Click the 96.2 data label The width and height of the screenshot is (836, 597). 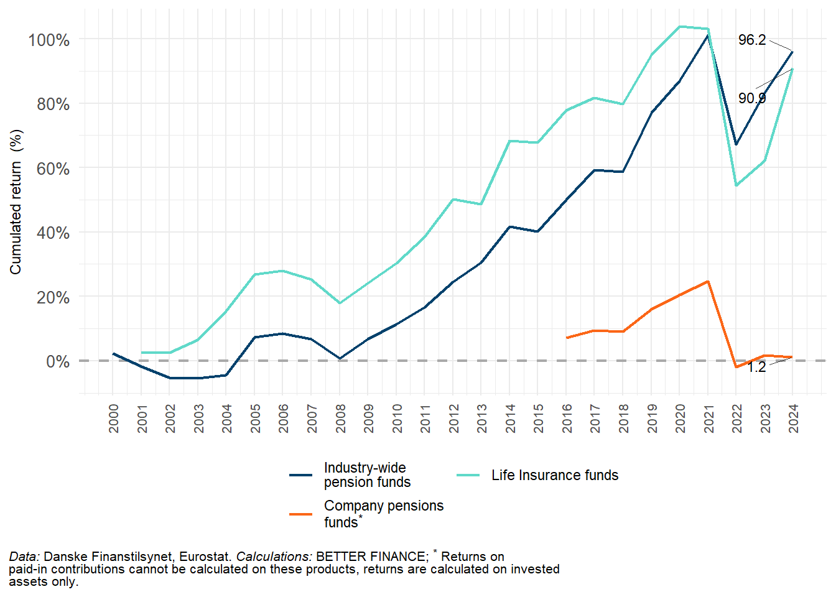point(751,40)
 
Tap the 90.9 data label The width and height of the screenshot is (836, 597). point(751,98)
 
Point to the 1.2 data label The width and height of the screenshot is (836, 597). point(756,367)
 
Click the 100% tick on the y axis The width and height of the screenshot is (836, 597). point(49,40)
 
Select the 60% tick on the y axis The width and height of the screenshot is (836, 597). point(52,169)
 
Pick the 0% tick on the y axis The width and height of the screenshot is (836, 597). point(57,361)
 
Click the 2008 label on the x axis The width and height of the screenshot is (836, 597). point(340,419)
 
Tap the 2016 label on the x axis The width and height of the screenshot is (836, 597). point(567,419)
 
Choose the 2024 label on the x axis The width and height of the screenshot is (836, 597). point(793,419)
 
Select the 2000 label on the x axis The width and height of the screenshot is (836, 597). point(114,419)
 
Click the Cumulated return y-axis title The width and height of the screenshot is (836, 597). point(16,201)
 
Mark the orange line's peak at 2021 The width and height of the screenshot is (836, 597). point(708,282)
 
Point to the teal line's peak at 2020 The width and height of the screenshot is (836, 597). point(680,27)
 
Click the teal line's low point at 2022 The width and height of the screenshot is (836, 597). point(736,185)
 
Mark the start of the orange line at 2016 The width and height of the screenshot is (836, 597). point(567,338)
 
